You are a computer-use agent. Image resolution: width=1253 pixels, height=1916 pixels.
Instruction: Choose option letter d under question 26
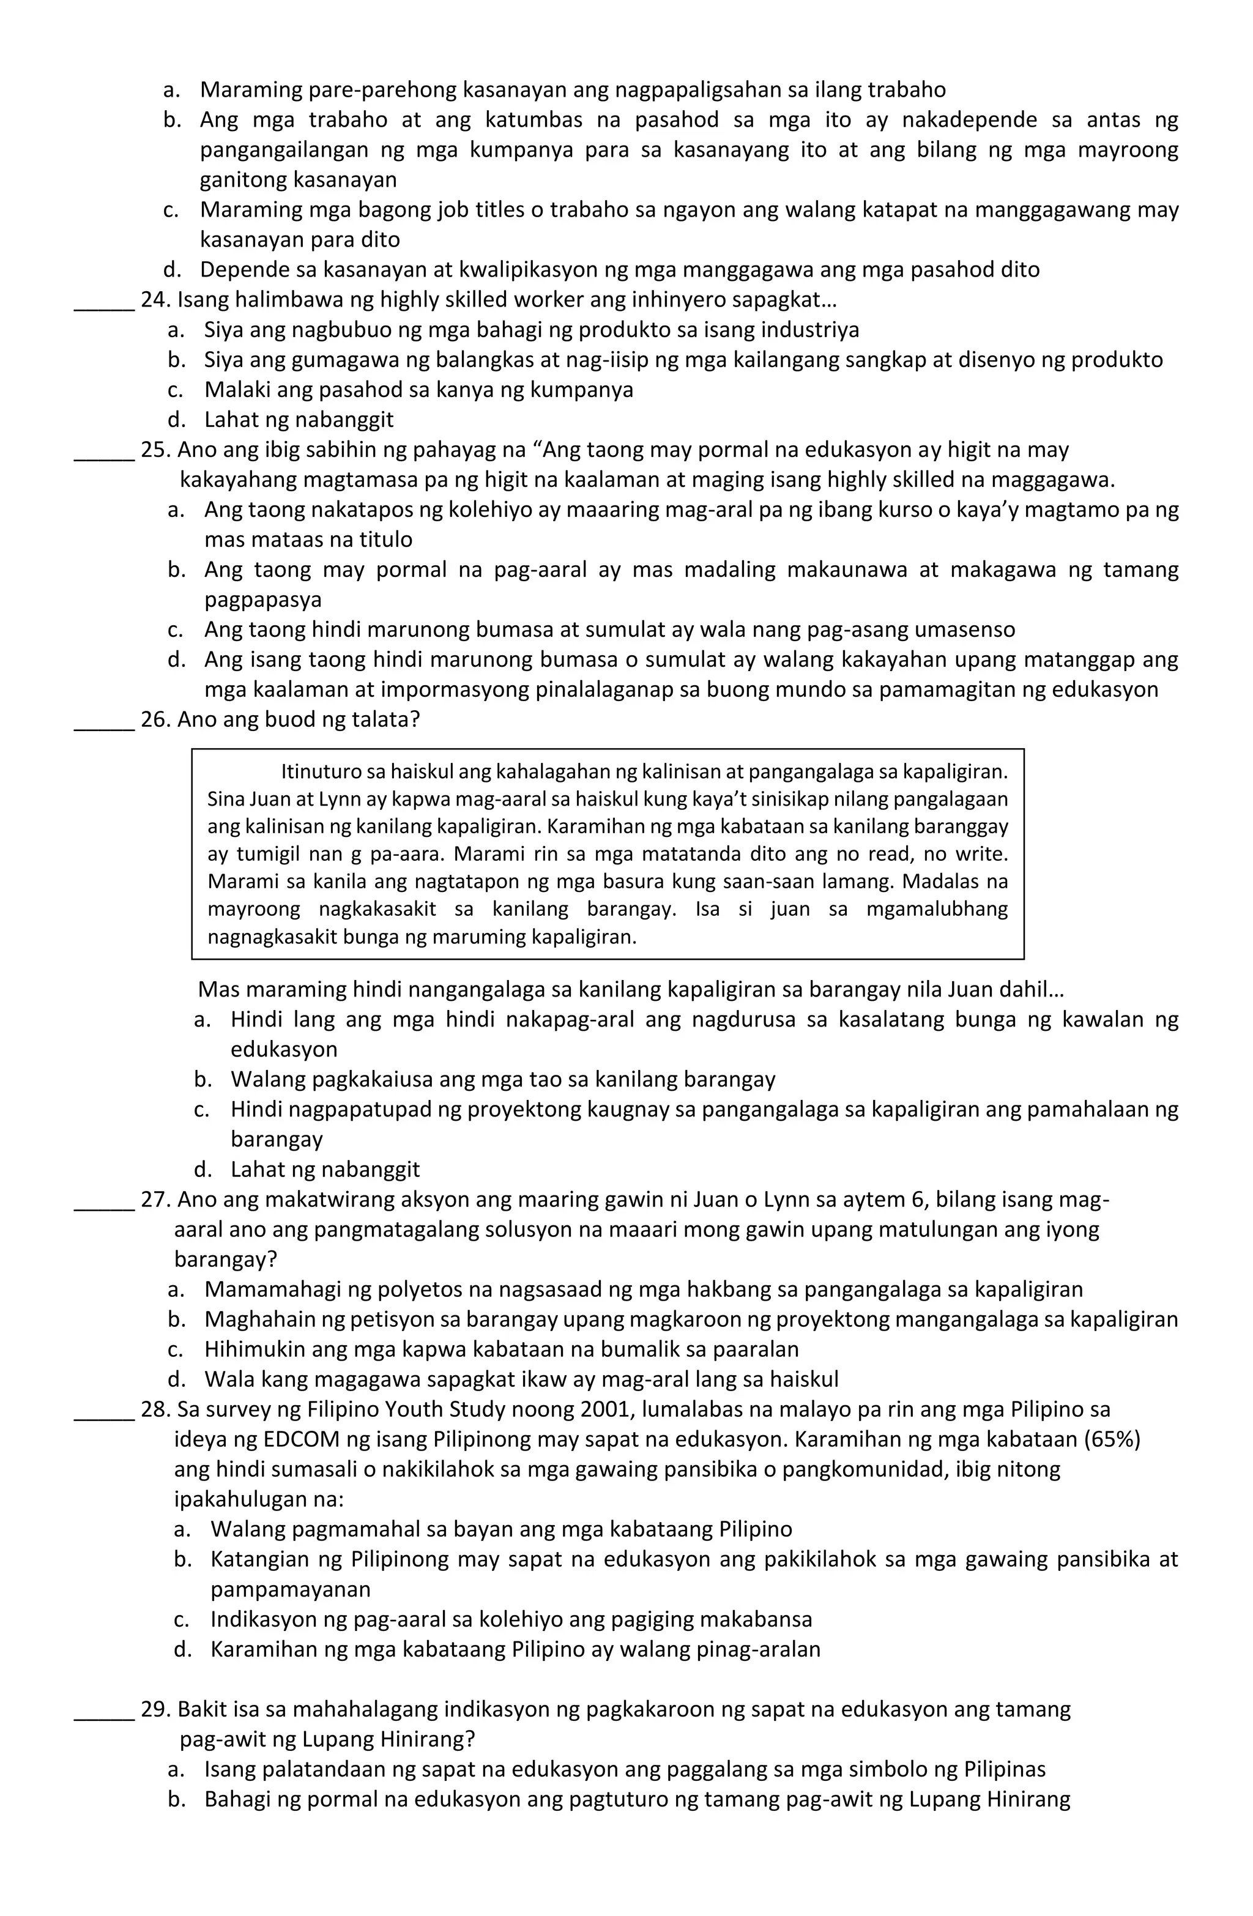tap(203, 1170)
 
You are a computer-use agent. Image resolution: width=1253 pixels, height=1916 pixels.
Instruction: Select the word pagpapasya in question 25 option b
tap(262, 600)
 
